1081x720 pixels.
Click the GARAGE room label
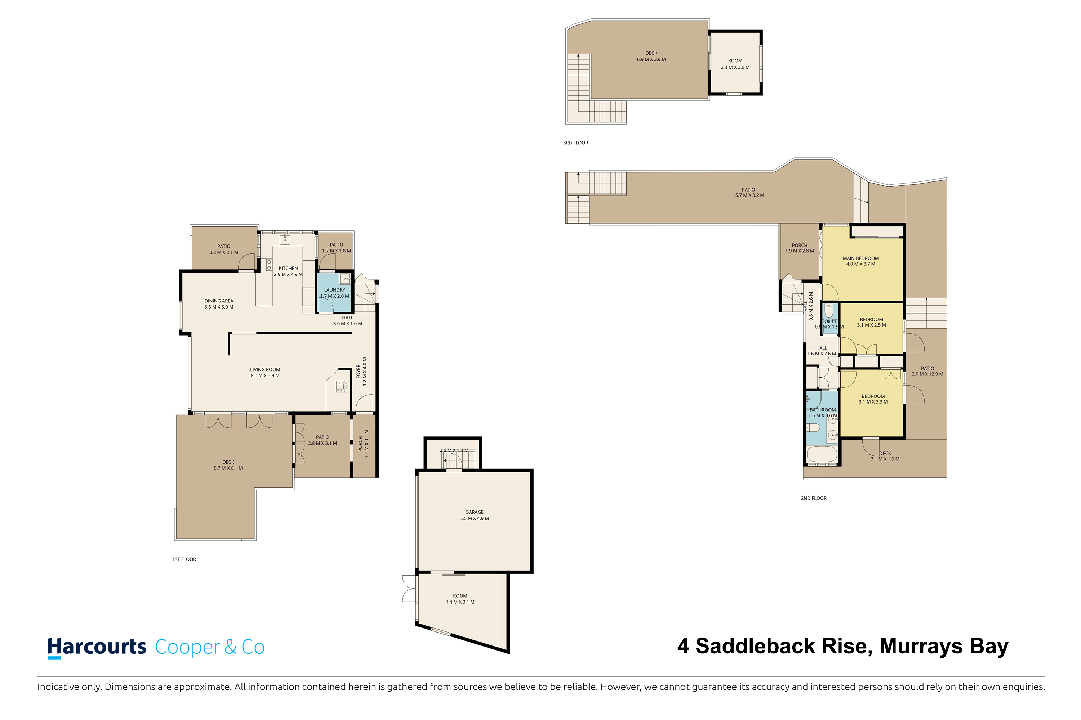pyautogui.click(x=474, y=512)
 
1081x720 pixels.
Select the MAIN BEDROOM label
pyautogui.click(x=861, y=258)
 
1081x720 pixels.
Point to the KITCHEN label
pyautogui.click(x=288, y=268)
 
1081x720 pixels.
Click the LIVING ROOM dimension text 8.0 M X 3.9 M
pyautogui.click(x=265, y=375)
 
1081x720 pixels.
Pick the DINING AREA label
pyautogui.click(x=219, y=301)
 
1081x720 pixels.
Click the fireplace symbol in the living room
pyautogui.click(x=342, y=386)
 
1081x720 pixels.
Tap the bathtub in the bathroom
pyautogui.click(x=822, y=455)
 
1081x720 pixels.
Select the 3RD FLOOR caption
pyautogui.click(x=575, y=143)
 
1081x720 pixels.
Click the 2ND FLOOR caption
pyautogui.click(x=814, y=498)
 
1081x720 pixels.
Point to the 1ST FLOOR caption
pyautogui.click(x=184, y=559)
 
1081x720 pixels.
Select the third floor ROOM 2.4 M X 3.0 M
pyautogui.click(x=735, y=64)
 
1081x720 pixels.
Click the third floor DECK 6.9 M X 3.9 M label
pyautogui.click(x=651, y=56)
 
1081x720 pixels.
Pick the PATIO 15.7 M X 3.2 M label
pyautogui.click(x=748, y=192)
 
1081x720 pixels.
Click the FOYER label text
pyautogui.click(x=359, y=372)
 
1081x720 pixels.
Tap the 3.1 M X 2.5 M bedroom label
pyautogui.click(x=871, y=325)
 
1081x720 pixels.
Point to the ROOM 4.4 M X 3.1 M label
pyautogui.click(x=460, y=599)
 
